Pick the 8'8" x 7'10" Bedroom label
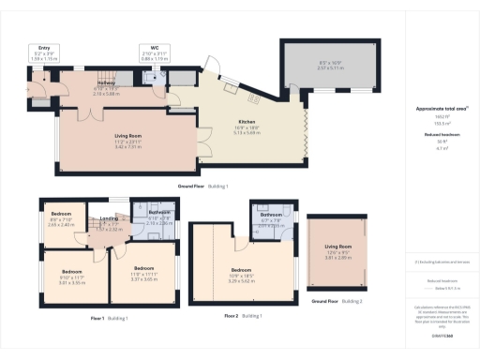[x=60, y=214]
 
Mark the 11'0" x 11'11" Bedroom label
[x=142, y=267]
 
